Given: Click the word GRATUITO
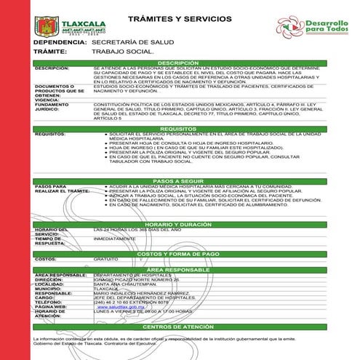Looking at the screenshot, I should [105, 259].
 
